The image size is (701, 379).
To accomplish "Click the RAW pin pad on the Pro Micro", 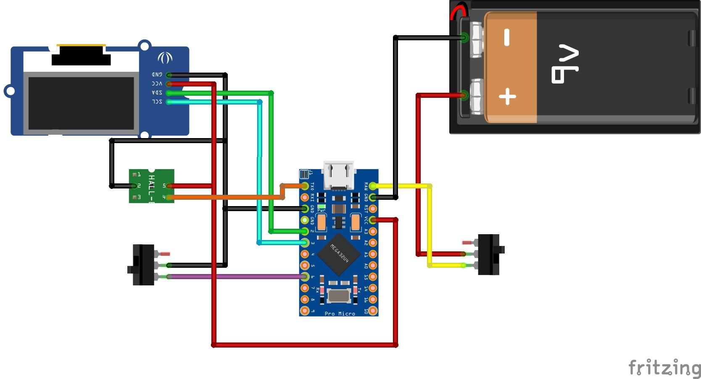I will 373,186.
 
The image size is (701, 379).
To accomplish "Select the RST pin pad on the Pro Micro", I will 373,209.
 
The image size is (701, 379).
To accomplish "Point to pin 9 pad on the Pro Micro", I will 305,311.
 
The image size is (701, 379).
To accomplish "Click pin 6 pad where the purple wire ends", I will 305,277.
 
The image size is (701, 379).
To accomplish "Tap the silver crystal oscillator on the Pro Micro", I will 339,296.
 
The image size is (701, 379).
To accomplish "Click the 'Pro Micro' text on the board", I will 340,314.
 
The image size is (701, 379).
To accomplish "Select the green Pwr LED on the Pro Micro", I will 322,206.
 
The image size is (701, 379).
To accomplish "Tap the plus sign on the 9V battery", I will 507,97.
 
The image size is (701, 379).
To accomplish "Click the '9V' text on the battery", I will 564,64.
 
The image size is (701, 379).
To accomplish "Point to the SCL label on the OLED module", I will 157,102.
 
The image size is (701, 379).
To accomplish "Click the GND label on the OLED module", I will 157,74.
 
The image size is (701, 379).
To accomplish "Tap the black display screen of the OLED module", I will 81,103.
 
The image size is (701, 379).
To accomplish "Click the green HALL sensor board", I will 151,186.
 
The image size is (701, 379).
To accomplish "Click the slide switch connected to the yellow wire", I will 489,254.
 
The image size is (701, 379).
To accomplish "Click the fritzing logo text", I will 664,368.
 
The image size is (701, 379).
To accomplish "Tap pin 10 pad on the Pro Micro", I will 373,311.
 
